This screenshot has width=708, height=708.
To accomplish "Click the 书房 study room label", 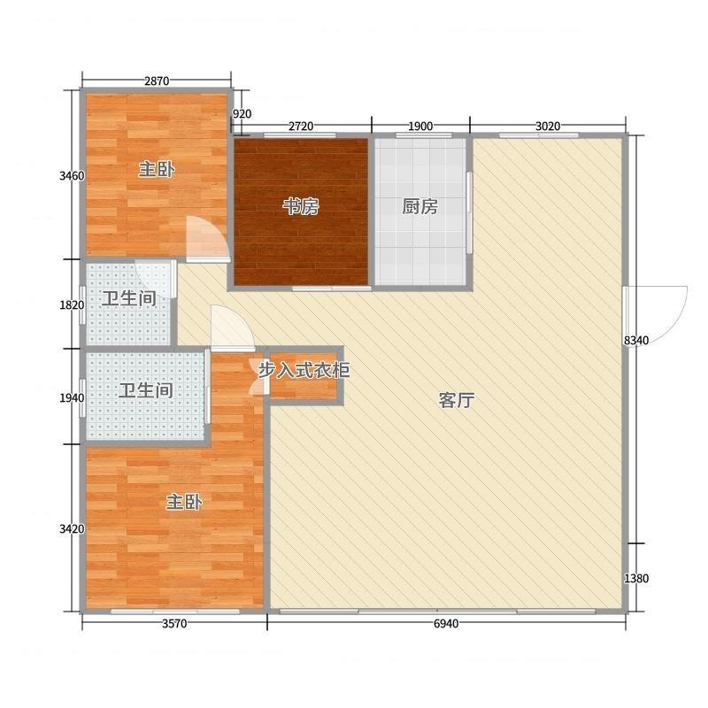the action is pyautogui.click(x=301, y=207).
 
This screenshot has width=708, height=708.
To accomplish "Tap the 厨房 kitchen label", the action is pyautogui.click(x=419, y=207).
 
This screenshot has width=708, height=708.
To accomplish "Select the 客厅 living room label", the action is pyautogui.click(x=457, y=400).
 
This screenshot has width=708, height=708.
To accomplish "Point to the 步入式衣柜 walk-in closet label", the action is pyautogui.click(x=304, y=370).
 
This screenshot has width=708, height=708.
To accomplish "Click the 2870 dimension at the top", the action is pyautogui.click(x=157, y=81).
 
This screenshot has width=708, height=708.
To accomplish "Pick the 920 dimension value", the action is pyautogui.click(x=242, y=114).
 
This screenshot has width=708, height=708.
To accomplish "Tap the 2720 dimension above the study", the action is pyautogui.click(x=301, y=126).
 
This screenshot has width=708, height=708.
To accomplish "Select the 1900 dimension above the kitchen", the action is pyautogui.click(x=420, y=126).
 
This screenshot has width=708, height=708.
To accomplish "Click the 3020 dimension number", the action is pyautogui.click(x=548, y=126).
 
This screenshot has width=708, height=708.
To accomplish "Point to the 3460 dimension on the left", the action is pyautogui.click(x=72, y=175).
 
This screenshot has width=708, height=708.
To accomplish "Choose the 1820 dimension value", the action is pyautogui.click(x=72, y=305).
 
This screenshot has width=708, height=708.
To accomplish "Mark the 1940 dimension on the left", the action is pyautogui.click(x=72, y=397).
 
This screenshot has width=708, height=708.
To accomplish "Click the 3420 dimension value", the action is pyautogui.click(x=72, y=528).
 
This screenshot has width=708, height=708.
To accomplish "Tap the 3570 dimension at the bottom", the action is pyautogui.click(x=174, y=624).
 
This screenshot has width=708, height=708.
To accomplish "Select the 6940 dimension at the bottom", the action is pyautogui.click(x=446, y=624).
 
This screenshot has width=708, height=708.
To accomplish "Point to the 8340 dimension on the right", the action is pyautogui.click(x=636, y=341).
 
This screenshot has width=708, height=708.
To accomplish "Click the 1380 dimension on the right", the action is pyautogui.click(x=636, y=578).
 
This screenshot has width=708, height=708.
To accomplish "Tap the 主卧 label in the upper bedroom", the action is pyautogui.click(x=157, y=170).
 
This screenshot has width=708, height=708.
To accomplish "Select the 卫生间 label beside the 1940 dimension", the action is pyautogui.click(x=146, y=390).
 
